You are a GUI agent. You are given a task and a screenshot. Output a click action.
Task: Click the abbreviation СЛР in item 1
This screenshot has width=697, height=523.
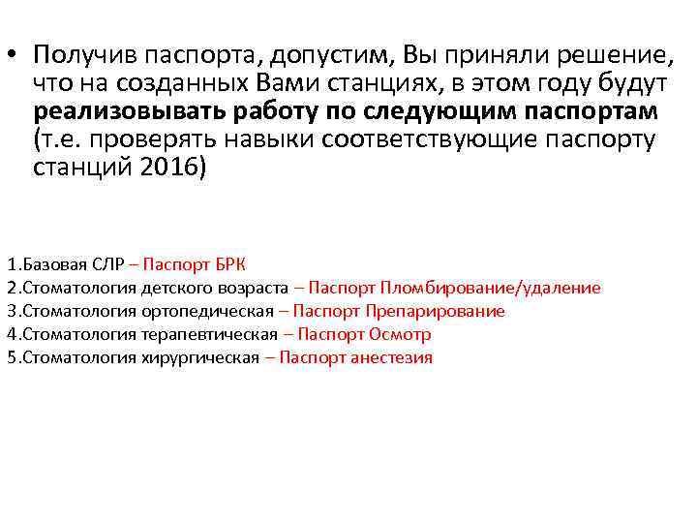click(x=106, y=264)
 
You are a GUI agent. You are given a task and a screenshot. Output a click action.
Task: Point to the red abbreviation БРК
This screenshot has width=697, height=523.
click(x=229, y=264)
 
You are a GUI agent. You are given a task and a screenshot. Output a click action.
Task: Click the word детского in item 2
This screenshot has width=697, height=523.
click(x=179, y=288)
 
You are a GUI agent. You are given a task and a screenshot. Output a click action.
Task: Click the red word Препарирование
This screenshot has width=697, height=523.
click(x=437, y=311)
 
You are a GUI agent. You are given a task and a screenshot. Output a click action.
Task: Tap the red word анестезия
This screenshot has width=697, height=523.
click(x=392, y=357)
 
